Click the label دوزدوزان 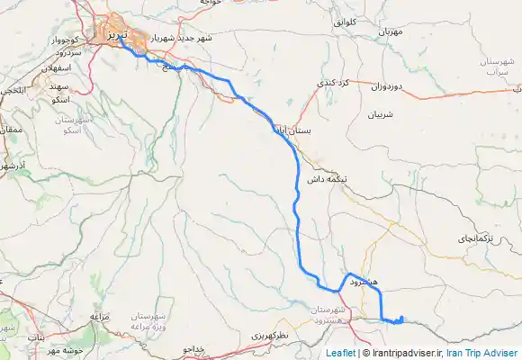[x=390, y=87]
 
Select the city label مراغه [x=100, y=316]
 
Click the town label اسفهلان [x=58, y=67]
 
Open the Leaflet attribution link [x=341, y=353]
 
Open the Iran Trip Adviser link [x=482, y=353]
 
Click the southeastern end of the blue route [x=400, y=317]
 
